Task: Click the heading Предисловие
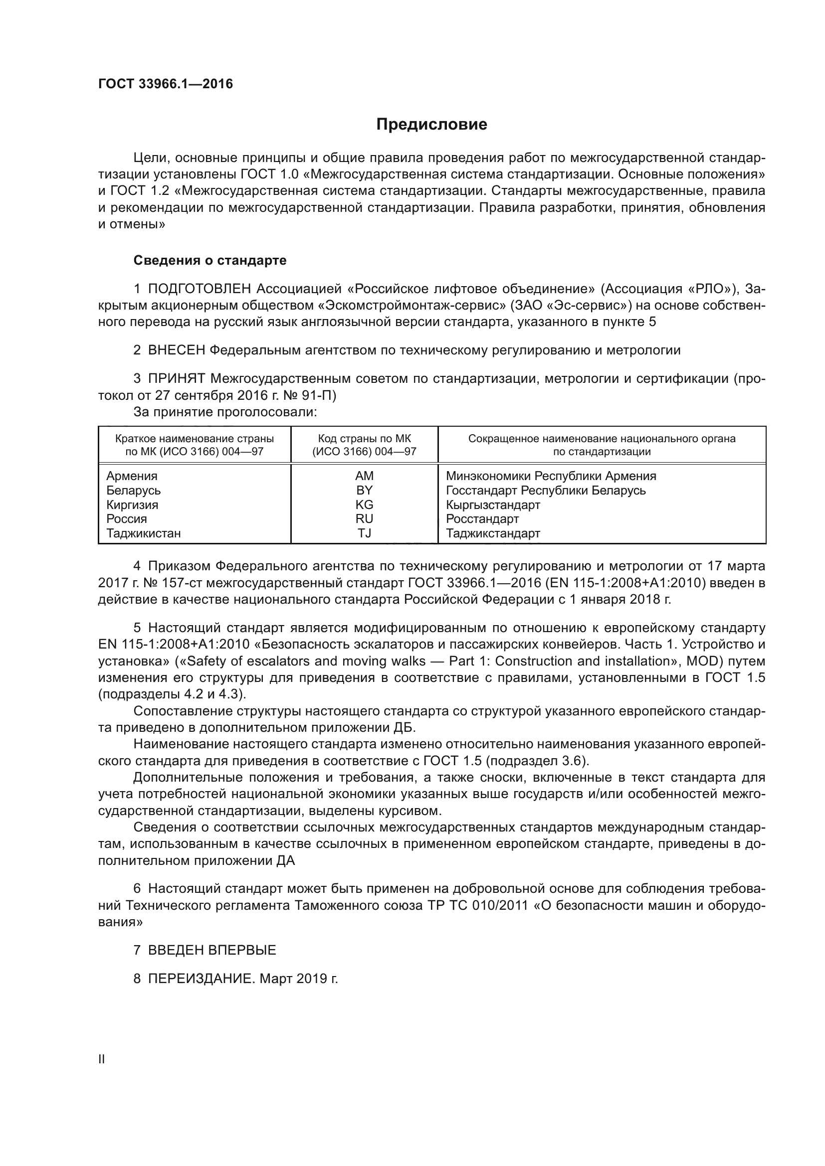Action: coord(431,125)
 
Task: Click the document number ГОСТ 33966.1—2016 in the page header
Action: coord(166,84)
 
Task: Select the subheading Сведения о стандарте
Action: coord(210,261)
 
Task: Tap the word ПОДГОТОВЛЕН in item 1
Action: coord(200,289)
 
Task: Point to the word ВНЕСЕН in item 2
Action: coord(177,350)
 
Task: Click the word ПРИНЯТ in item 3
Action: coord(177,378)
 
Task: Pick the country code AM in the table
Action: coord(364,476)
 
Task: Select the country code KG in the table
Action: coord(364,504)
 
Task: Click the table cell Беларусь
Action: coord(134,490)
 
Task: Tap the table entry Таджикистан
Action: coord(144,533)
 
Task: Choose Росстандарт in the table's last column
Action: coord(483,519)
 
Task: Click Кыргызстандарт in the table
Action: coord(493,505)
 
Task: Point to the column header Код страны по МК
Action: coord(364,439)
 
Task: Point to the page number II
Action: coord(102,1059)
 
